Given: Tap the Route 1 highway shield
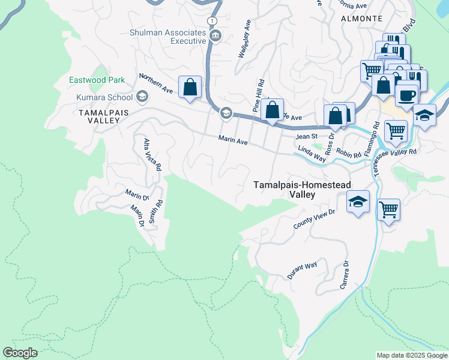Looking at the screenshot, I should (211, 20).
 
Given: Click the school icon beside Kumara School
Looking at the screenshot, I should (142, 96).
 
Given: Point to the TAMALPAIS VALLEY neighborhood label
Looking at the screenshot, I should (97, 116).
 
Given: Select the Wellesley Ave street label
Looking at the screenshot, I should (245, 38).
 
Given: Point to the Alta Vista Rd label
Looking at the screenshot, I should (152, 155).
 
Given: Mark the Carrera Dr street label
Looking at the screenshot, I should (345, 275).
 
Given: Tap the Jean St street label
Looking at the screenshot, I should (306, 137).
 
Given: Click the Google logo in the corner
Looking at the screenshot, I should (20, 353).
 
